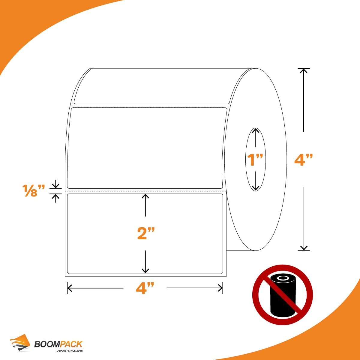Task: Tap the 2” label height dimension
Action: coord(146,233)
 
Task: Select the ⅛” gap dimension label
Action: coord(34,190)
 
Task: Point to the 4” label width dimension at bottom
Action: coord(145,288)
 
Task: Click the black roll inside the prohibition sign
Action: coord(283,295)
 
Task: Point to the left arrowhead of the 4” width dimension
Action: coord(69,288)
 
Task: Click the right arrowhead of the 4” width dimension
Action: coord(220,288)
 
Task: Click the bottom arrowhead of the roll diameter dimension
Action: coord(304,248)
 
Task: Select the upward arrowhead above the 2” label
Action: coord(145,196)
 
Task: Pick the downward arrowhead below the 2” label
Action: coord(145,271)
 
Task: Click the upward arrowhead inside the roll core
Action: coord(255,131)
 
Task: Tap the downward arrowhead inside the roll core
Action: coord(255,188)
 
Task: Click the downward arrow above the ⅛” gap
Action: coord(55,184)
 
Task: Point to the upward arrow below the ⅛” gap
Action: coord(56,198)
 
